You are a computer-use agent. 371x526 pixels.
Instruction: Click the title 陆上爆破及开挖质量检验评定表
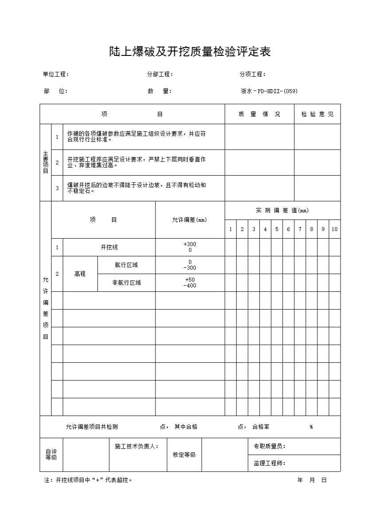click(190, 52)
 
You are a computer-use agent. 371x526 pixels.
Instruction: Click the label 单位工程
click(55, 75)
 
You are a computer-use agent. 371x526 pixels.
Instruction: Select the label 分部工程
click(159, 75)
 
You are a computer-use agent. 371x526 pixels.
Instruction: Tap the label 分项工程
click(252, 75)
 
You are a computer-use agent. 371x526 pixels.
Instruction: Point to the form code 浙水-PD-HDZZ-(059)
click(269, 91)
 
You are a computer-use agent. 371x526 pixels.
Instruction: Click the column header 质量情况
click(259, 114)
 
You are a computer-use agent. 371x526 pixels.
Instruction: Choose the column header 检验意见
click(317, 114)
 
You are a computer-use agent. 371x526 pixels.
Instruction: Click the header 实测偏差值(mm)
click(282, 211)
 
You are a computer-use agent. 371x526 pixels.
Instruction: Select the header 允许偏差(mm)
click(189, 220)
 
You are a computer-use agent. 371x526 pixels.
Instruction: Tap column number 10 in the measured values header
click(335, 229)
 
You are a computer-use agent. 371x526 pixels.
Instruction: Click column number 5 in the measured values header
click(277, 229)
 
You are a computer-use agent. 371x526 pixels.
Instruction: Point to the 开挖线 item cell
click(109, 247)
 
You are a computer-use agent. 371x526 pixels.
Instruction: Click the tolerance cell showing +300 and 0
click(190, 247)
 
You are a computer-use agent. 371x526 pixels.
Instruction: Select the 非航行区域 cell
click(126, 283)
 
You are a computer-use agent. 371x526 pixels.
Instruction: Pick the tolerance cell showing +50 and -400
click(190, 283)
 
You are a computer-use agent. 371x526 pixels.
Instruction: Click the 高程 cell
click(80, 274)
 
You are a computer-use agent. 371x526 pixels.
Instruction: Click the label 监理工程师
click(269, 463)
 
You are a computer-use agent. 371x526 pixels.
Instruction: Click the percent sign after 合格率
click(311, 427)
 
